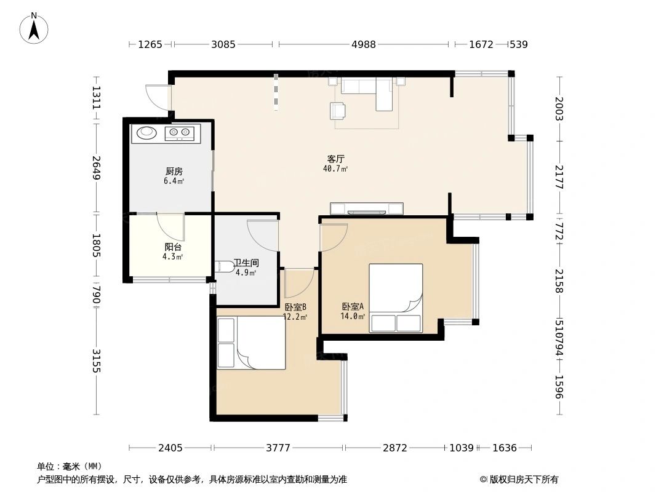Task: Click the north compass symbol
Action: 34,28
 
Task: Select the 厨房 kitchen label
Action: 174,172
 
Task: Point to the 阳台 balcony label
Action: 172,247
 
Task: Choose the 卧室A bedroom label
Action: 353,306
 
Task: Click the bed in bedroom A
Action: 396,298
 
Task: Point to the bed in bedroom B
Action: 251,343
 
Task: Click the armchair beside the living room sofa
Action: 337,110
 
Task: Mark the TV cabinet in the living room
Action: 367,208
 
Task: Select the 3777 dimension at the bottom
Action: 278,448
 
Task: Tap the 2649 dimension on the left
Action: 96,168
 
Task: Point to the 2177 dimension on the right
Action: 559,177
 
